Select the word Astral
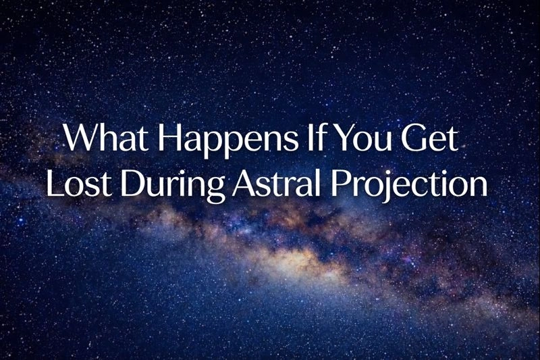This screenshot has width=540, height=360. tap(269, 182)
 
